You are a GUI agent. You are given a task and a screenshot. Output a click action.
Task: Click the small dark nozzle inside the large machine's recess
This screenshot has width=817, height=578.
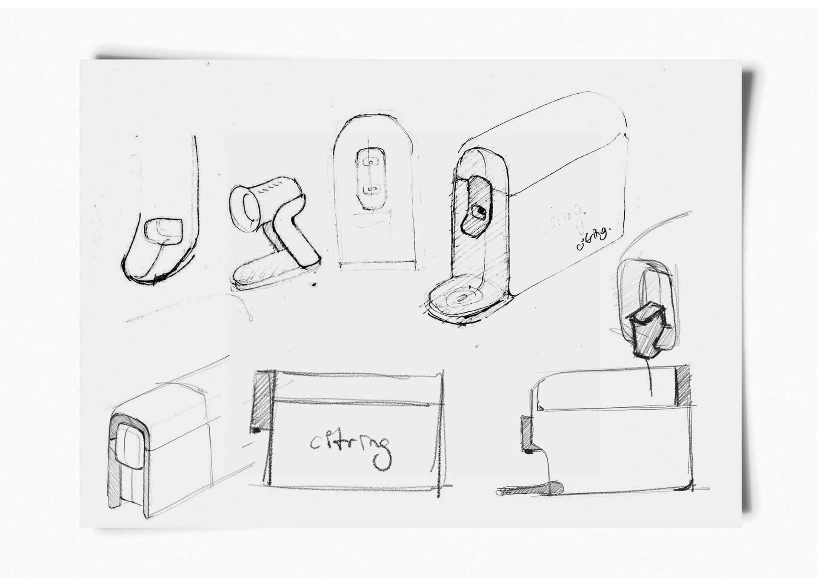(480, 211)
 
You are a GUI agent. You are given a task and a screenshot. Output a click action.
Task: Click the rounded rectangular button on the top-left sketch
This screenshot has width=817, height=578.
(163, 230)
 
